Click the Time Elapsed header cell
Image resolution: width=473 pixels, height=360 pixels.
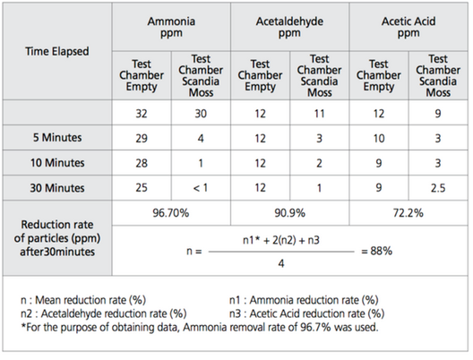(57, 51)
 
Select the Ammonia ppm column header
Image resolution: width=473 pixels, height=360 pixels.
(171, 27)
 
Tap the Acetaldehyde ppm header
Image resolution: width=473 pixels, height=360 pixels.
(289, 27)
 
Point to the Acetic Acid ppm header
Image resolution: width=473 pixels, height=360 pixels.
(408, 27)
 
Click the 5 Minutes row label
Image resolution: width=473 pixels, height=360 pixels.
(57, 138)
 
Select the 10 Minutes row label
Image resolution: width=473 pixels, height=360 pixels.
(57, 163)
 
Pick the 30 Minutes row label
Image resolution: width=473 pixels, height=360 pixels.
(57, 188)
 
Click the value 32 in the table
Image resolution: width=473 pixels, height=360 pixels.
(142, 114)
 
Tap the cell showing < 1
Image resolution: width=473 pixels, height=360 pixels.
(201, 188)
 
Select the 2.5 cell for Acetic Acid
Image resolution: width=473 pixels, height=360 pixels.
(438, 188)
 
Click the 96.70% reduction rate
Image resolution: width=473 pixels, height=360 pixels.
(171, 213)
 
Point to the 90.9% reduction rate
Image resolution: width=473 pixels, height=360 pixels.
(289, 213)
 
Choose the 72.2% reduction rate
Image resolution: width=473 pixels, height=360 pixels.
(408, 213)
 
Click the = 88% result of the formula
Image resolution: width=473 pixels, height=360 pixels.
(377, 251)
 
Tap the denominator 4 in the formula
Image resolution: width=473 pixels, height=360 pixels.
(281, 263)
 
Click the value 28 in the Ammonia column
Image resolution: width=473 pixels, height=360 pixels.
(142, 163)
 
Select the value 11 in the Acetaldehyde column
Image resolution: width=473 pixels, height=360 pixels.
(320, 114)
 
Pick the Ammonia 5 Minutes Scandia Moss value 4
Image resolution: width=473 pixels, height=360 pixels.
(201, 139)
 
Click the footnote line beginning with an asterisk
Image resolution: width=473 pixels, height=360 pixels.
(200, 327)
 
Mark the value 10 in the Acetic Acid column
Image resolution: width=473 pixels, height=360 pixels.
(379, 139)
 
